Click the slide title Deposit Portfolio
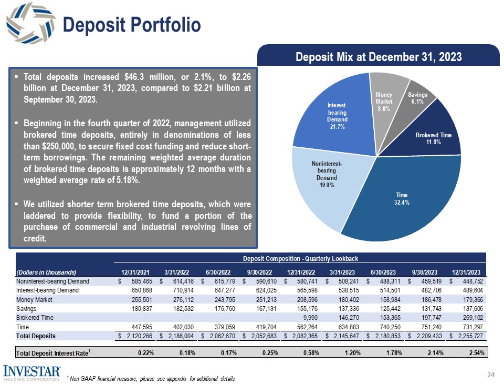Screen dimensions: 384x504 [132, 25]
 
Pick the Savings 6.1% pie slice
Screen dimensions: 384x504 [417, 98]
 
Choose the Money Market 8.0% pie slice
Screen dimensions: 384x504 [384, 100]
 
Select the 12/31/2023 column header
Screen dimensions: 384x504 [467, 272]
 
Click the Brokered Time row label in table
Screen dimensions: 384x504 [35, 317]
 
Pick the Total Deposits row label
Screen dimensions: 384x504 [36, 335]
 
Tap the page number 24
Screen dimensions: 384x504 [491, 375]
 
